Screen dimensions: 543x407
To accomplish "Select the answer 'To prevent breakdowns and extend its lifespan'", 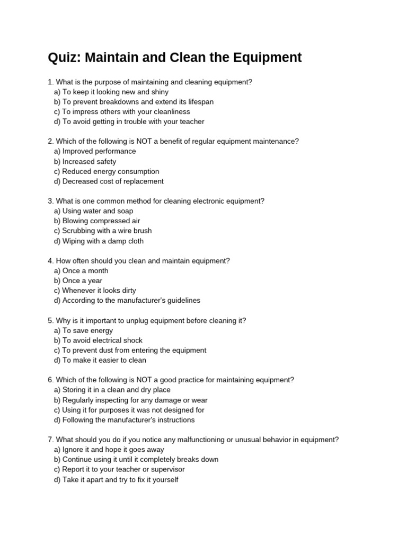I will (x=134, y=102).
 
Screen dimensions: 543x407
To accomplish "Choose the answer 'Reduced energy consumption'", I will (x=107, y=171).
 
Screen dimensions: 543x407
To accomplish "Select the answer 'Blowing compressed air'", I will (x=97, y=221).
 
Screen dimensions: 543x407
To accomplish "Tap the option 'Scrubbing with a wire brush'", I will (x=103, y=231).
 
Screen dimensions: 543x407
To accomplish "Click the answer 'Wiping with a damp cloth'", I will (x=99, y=241).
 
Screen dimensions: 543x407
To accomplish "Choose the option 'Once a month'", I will (x=81, y=271).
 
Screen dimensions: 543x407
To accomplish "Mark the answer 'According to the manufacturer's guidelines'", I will (x=127, y=301).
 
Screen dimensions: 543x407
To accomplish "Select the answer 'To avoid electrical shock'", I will (x=98, y=340).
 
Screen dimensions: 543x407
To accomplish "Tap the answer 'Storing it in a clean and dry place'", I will (x=112, y=390).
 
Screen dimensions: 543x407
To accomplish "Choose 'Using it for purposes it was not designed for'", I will (x=129, y=410).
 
